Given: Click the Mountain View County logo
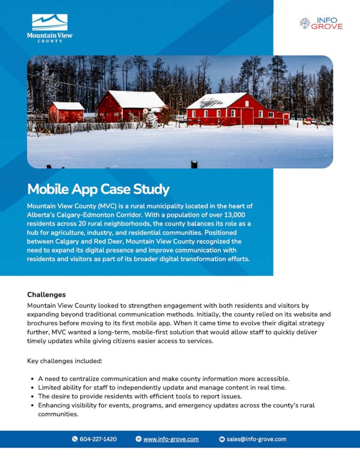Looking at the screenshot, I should pos(50,28).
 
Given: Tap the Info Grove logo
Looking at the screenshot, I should pos(321,23).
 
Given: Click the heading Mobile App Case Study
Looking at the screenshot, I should pos(98,189).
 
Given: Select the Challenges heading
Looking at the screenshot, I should pos(46,294).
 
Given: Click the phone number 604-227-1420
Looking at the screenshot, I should pos(98,439).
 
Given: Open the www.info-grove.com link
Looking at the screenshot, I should pos(171,439).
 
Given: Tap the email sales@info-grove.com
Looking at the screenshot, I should pos(256,439).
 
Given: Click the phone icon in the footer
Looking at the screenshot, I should pos(75,439).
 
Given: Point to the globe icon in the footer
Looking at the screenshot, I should pos(138,439).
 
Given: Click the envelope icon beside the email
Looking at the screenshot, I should pos(222,439).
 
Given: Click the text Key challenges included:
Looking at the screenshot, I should pos(65,361).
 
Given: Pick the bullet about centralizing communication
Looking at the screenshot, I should pos(164,379).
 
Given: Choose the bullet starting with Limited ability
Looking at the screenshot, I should pos(162,387).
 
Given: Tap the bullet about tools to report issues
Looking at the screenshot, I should pos(140,396).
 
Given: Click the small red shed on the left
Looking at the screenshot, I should pos(66,113).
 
